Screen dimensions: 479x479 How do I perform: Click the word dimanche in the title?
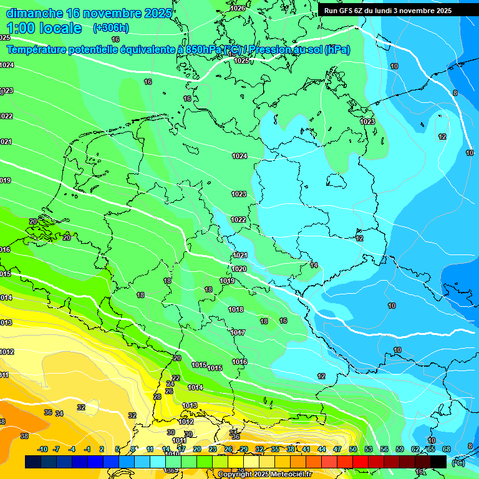pos(34,13)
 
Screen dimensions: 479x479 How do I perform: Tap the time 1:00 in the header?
pos(21,28)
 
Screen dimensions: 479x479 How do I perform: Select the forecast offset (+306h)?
pos(110,28)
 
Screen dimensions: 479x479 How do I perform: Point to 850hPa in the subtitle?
pos(203,50)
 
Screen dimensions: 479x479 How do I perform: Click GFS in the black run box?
pos(346,11)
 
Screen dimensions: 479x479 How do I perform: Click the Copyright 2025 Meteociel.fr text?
pos(264,474)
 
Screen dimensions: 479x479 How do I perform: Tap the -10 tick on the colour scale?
pos(42,449)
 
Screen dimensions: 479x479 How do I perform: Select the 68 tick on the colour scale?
pos(446,449)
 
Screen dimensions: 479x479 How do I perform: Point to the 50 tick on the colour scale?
pos(352,449)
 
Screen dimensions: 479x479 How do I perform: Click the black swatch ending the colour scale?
pos(438,461)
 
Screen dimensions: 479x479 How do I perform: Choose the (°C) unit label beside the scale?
pos(458,462)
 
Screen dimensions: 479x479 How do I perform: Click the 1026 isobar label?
pos(237,8)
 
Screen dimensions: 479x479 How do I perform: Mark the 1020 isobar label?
pos(239,269)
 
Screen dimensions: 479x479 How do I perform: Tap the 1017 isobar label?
pos(238,332)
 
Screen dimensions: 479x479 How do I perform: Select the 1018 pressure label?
pos(236,309)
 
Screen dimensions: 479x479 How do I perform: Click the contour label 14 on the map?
pos(314,265)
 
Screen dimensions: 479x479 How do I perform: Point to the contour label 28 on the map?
pos(157,397)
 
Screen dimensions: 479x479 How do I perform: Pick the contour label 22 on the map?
pos(176,378)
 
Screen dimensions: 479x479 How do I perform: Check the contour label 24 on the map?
pos(171,384)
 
